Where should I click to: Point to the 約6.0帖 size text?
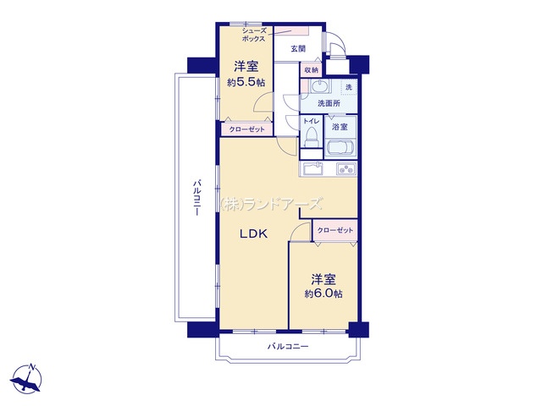[324, 294]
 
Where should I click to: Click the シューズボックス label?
[254, 34]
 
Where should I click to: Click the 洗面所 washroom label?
[329, 103]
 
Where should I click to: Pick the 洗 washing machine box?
[348, 88]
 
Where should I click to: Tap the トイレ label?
[310, 122]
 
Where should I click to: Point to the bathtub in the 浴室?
[339, 150]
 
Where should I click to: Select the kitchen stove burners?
[346, 169]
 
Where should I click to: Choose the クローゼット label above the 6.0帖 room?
[334, 230]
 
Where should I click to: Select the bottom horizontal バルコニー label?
[288, 347]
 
